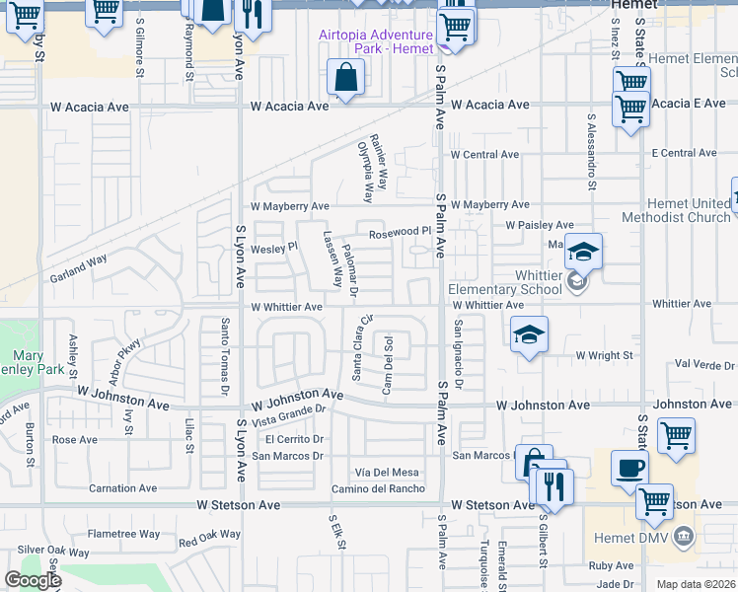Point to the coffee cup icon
(x=629, y=470)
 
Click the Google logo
(x=33, y=580)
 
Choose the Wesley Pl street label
(x=274, y=247)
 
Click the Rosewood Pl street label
(x=402, y=233)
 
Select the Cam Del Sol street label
(x=389, y=363)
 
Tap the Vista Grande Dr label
(x=288, y=414)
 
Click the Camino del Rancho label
(x=378, y=488)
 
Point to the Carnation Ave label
(x=122, y=488)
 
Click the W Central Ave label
(x=484, y=155)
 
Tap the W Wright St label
(x=604, y=355)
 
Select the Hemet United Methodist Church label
(x=676, y=210)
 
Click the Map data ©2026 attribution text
(x=697, y=584)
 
